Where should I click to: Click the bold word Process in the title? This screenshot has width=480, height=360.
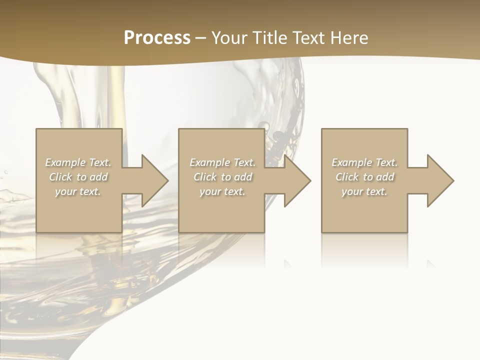157,38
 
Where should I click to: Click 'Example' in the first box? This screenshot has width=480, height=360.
65,162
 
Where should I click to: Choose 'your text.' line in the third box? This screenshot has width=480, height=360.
364,191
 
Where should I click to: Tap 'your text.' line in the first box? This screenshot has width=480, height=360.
78,191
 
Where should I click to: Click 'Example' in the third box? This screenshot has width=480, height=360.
351,162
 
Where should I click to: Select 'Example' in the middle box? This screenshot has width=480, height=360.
209,162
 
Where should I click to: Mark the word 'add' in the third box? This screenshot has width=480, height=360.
385,177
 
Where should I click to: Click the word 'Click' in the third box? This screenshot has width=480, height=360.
347,177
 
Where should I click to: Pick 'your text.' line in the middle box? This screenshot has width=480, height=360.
222,191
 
